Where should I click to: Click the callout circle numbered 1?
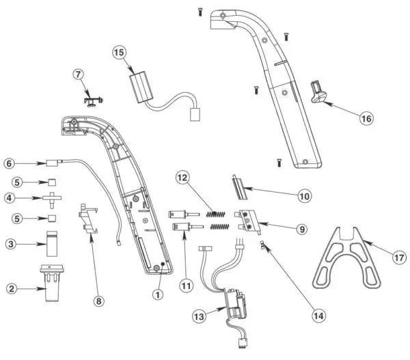click(x=159, y=295)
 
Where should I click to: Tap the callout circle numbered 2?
click(x=10, y=288)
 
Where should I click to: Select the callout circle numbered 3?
click(x=10, y=243)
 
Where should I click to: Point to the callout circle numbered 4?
click(x=10, y=199)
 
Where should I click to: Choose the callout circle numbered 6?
click(x=10, y=163)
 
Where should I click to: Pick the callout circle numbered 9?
click(x=301, y=229)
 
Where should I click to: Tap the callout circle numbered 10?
click(x=302, y=196)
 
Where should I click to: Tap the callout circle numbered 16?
click(x=366, y=117)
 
